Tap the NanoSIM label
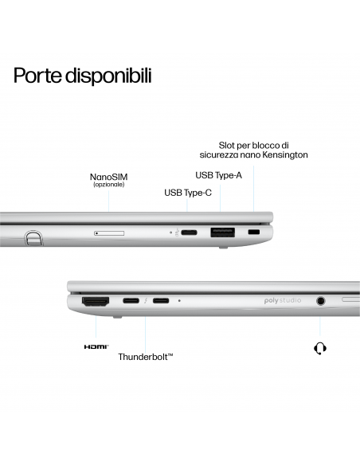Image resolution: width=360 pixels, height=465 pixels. (x=108, y=176)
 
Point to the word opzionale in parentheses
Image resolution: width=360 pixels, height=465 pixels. (x=108, y=185)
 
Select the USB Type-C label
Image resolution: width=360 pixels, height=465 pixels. (x=187, y=192)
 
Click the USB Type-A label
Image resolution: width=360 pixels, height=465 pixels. (x=218, y=174)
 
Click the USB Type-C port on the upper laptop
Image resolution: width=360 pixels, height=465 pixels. (x=190, y=232)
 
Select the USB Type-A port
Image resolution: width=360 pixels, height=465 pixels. (x=222, y=232)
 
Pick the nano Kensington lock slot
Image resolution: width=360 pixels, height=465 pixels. (x=254, y=232)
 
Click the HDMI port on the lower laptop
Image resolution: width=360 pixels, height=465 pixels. (x=96, y=302)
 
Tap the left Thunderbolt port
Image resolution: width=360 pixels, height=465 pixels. (x=131, y=302)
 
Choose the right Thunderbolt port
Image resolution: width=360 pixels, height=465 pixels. (x=161, y=302)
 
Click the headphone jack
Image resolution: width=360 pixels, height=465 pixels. (x=321, y=302)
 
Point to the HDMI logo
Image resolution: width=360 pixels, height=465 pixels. (x=96, y=347)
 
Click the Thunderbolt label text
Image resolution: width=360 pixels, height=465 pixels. (x=146, y=357)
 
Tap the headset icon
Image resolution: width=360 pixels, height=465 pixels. (x=321, y=348)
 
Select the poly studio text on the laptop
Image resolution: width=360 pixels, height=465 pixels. (x=283, y=303)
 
